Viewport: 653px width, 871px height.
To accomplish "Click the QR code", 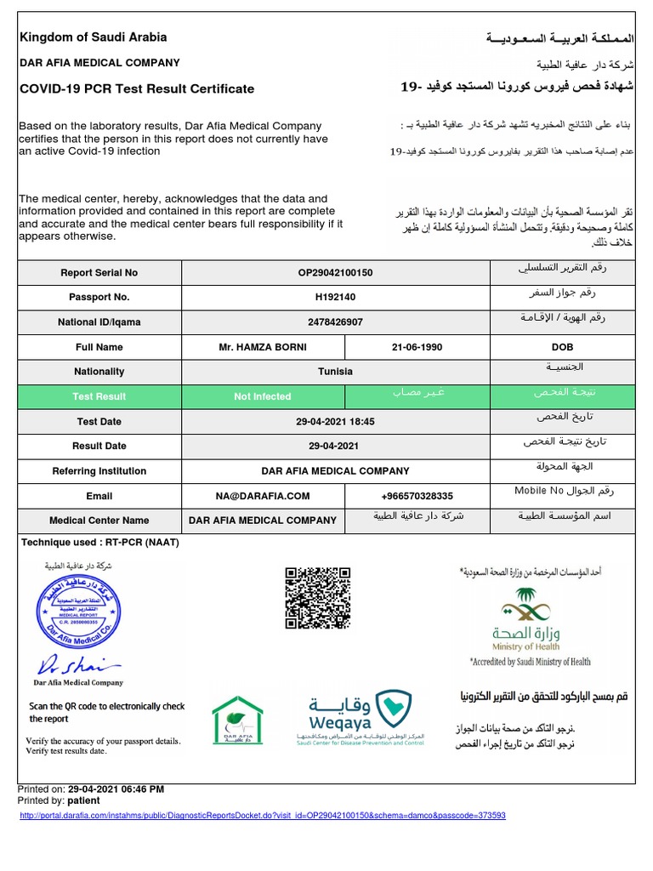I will click(316, 597).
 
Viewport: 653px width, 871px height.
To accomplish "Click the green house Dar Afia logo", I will click(237, 720).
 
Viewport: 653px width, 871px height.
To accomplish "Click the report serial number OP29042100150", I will click(335, 273).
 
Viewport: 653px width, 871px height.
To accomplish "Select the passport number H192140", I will click(335, 298).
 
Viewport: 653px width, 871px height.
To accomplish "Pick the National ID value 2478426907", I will click(335, 322).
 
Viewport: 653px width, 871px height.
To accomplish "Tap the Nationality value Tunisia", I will click(335, 372).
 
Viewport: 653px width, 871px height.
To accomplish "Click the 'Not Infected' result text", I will click(262, 396).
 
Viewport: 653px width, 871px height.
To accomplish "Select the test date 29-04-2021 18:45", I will click(335, 421).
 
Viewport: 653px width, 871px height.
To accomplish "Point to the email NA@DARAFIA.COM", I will click(263, 496).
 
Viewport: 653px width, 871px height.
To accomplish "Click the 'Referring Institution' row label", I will click(99, 470).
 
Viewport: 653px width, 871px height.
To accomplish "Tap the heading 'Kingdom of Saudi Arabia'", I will click(93, 37).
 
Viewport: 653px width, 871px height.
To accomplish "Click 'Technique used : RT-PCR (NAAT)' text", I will click(100, 542).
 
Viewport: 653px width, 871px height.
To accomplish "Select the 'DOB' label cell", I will click(562, 347).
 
